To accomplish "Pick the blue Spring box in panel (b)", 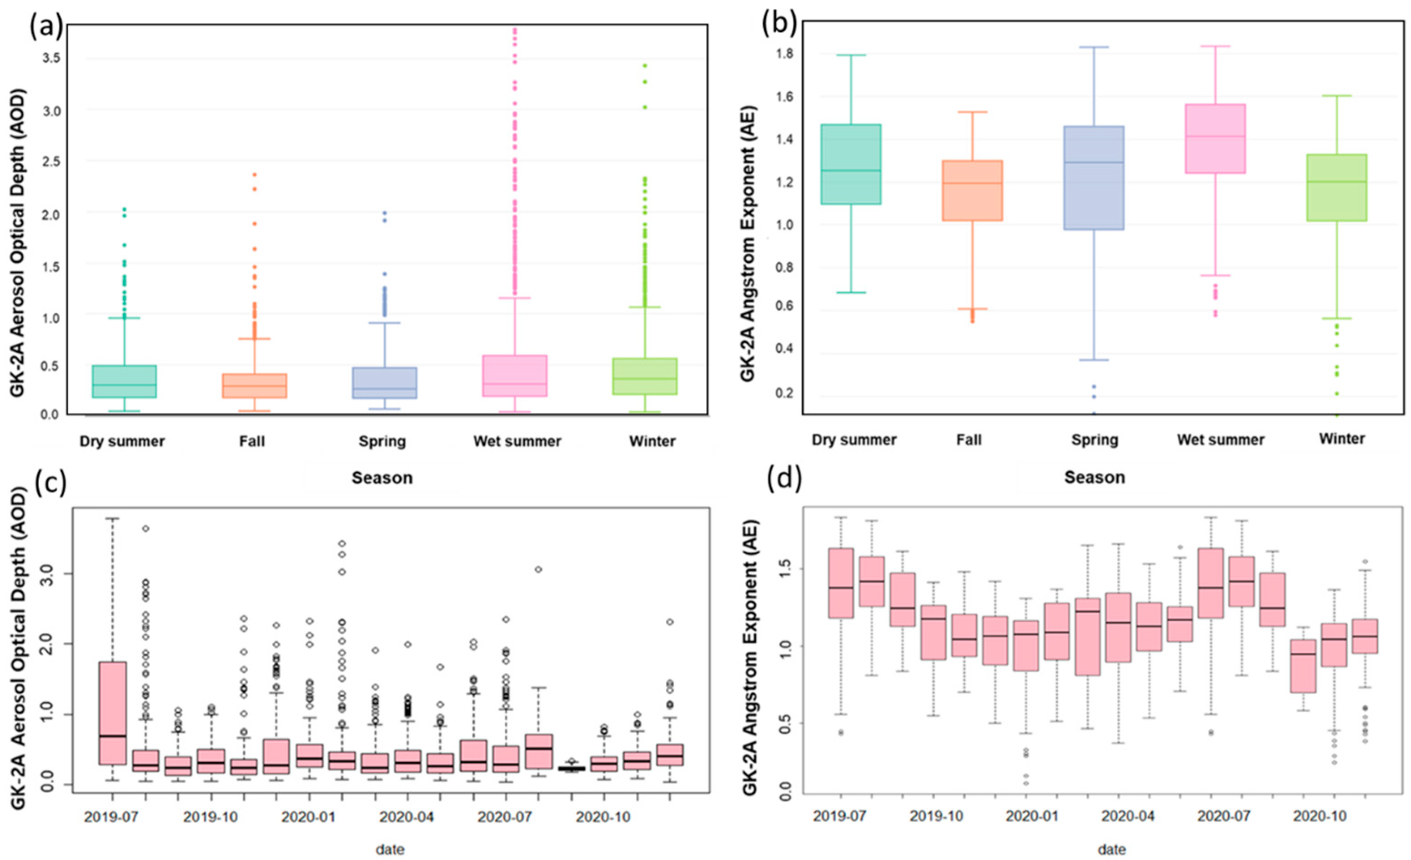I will [1093, 177].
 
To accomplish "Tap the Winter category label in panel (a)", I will [652, 441].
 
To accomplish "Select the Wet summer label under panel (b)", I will [1220, 440].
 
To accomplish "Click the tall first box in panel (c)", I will [112, 712].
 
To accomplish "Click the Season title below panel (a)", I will [382, 478].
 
